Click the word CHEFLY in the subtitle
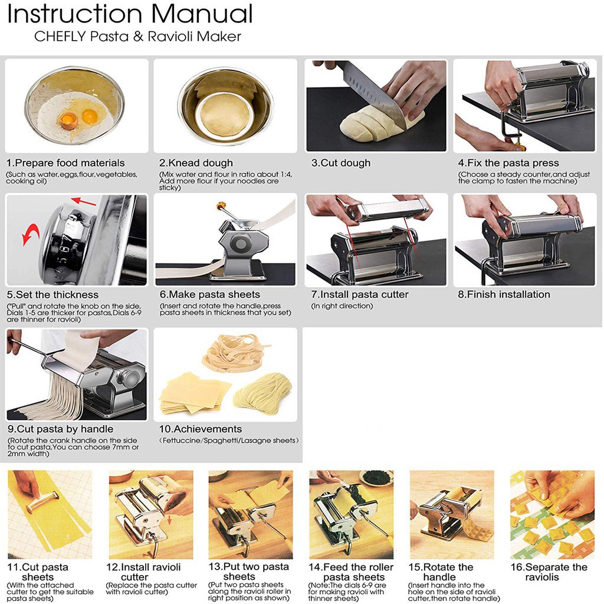coord(60,36)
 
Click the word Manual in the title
coord(202,14)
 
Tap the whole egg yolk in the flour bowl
coord(90,115)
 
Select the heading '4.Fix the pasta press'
coord(508,163)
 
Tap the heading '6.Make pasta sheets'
coord(210,295)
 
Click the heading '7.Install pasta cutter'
coord(360,295)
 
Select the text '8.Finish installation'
coord(504,295)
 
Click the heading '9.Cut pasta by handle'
coord(61,429)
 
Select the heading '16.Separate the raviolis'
coord(549,572)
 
